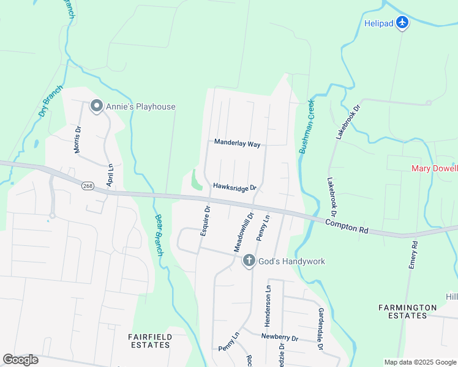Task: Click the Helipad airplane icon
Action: click(402, 23)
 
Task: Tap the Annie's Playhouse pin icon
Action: click(96, 106)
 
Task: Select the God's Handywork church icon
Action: click(249, 261)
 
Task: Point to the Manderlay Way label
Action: click(237, 143)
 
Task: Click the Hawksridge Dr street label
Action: click(235, 188)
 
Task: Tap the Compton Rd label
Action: click(346, 226)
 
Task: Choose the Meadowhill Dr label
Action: click(242, 229)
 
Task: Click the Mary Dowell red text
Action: click(434, 168)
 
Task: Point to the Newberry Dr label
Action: click(279, 338)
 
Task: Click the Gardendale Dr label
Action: click(320, 329)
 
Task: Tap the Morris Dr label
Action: click(78, 139)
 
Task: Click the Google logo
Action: click(20, 359)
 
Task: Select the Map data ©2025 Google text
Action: click(419, 362)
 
